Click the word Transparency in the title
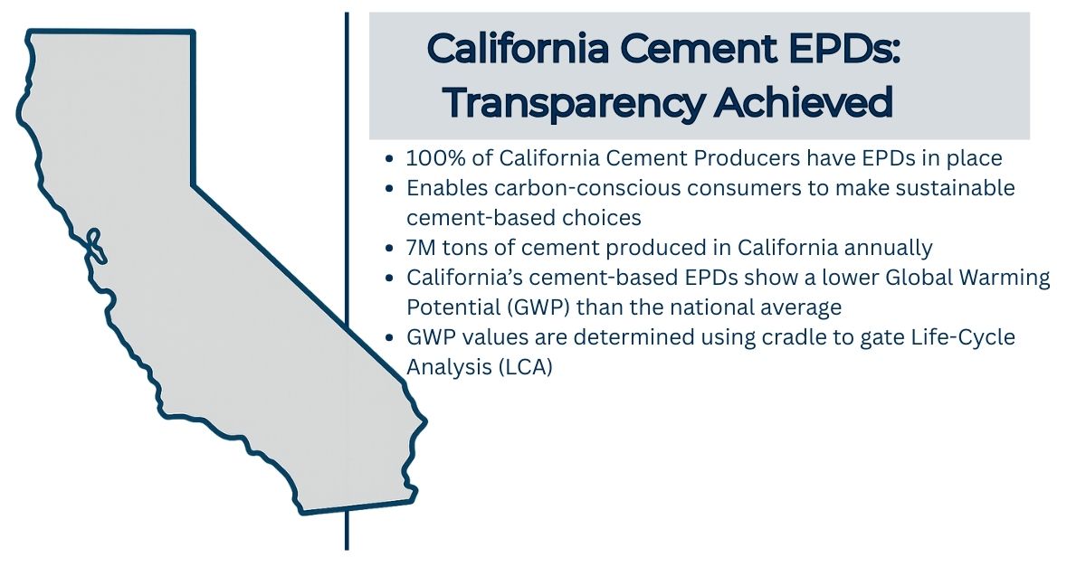click(574, 103)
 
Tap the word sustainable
click(941, 188)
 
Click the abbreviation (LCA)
click(523, 367)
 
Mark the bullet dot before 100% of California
click(389, 159)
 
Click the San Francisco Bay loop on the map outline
click(93, 242)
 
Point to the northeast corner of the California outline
click(192, 34)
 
